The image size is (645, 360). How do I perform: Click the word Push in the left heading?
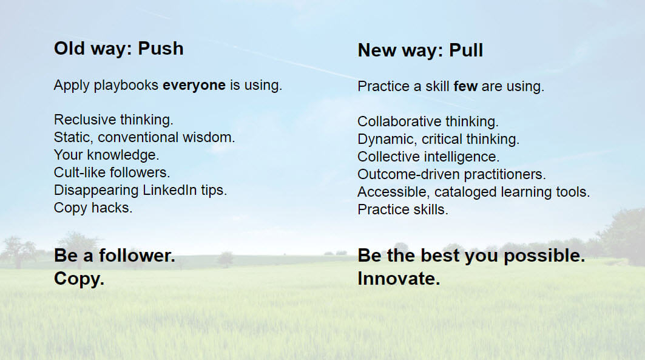161,49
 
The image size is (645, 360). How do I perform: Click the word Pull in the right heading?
466,50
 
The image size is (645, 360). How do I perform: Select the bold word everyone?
194,86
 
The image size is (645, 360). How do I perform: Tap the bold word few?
465,86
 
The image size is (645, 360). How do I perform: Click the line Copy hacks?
93,208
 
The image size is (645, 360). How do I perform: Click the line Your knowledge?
106,155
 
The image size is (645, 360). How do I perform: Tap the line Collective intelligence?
428,157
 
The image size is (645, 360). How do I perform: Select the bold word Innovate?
399,279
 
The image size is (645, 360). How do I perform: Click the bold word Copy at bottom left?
79,279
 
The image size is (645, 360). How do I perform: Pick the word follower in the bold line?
137,256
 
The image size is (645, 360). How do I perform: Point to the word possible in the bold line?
544,256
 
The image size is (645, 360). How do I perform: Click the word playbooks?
126,86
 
